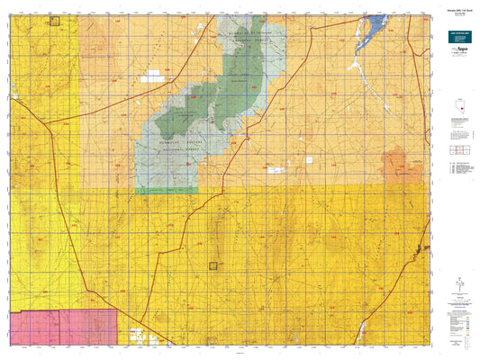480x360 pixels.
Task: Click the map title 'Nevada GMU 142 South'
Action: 455,9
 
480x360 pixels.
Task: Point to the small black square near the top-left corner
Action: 54,21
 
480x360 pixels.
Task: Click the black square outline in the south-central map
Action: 213,265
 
